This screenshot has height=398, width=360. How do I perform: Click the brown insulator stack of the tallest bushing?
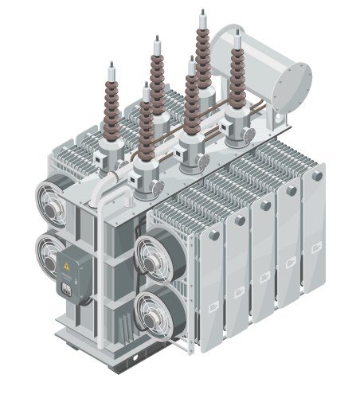pos(199,56)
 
